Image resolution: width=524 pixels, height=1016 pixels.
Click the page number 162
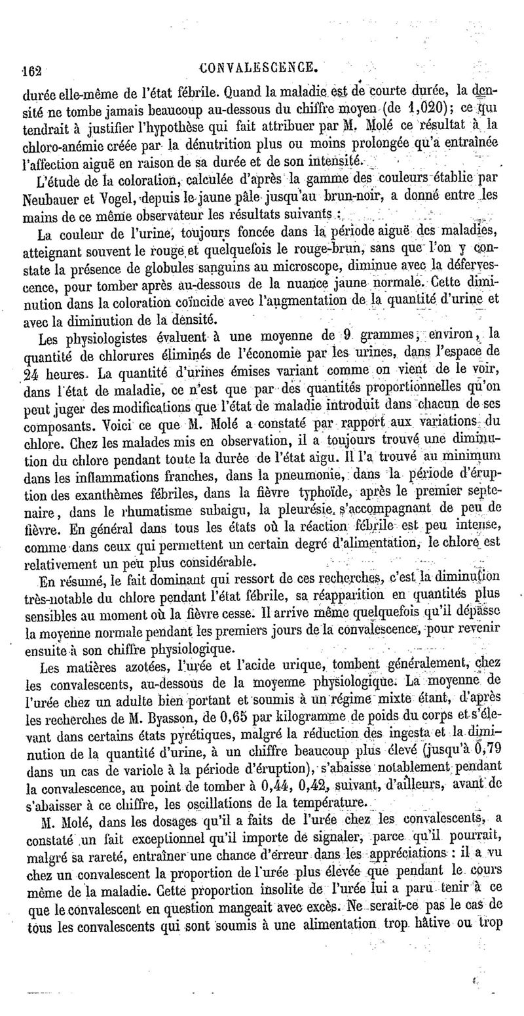31,68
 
